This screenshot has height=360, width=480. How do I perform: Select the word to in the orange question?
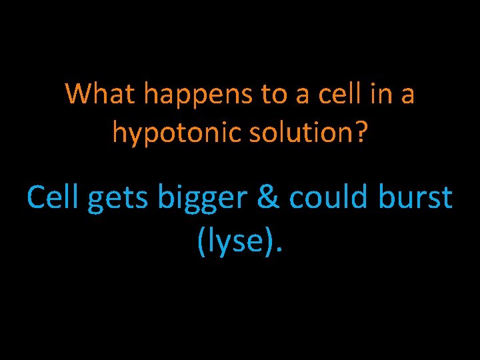tap(274, 95)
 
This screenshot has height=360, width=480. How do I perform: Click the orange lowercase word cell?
tap(338, 94)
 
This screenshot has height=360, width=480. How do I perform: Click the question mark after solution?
tap(360, 131)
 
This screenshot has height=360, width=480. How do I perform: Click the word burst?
tap(413, 197)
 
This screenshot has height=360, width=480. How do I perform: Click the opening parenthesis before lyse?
tap(202, 241)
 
